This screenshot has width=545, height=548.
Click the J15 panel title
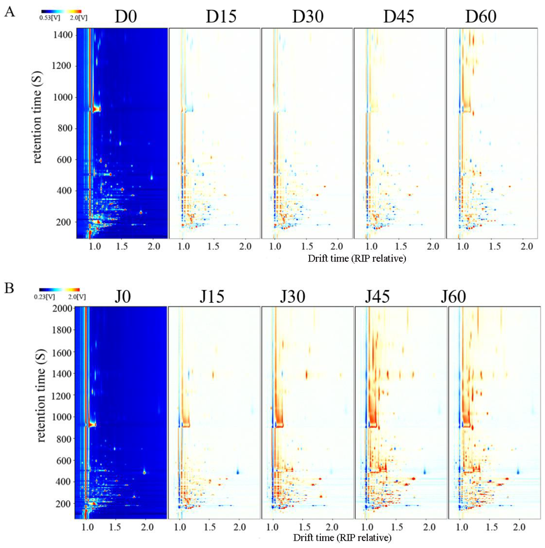tap(212, 297)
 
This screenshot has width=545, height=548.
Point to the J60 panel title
tap(453, 297)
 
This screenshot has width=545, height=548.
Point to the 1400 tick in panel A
tap(63, 35)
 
